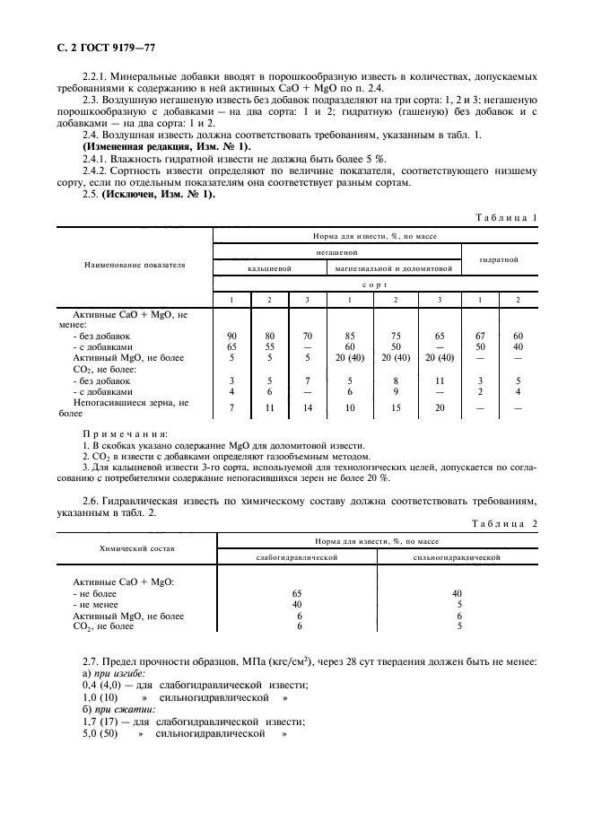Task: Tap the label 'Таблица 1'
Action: click(508, 217)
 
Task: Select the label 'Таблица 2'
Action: click(508, 522)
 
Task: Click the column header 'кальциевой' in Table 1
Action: click(270, 268)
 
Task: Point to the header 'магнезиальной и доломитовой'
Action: click(395, 268)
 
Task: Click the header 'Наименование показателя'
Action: click(135, 266)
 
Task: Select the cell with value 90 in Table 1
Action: click(232, 335)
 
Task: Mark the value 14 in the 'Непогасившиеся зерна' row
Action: click(307, 408)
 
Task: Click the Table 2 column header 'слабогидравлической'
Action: click(297, 557)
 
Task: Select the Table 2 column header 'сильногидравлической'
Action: click(456, 557)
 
